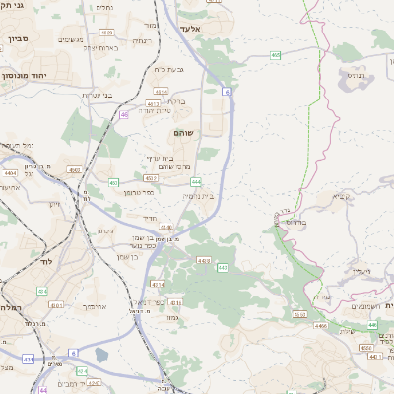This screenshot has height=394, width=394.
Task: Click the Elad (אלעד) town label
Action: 189,29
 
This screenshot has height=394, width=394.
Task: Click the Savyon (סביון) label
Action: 18,40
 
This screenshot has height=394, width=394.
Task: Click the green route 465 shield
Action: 276,55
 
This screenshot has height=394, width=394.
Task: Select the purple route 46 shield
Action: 124,115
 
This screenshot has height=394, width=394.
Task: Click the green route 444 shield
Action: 196,182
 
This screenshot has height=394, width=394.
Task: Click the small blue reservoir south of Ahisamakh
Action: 101,356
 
